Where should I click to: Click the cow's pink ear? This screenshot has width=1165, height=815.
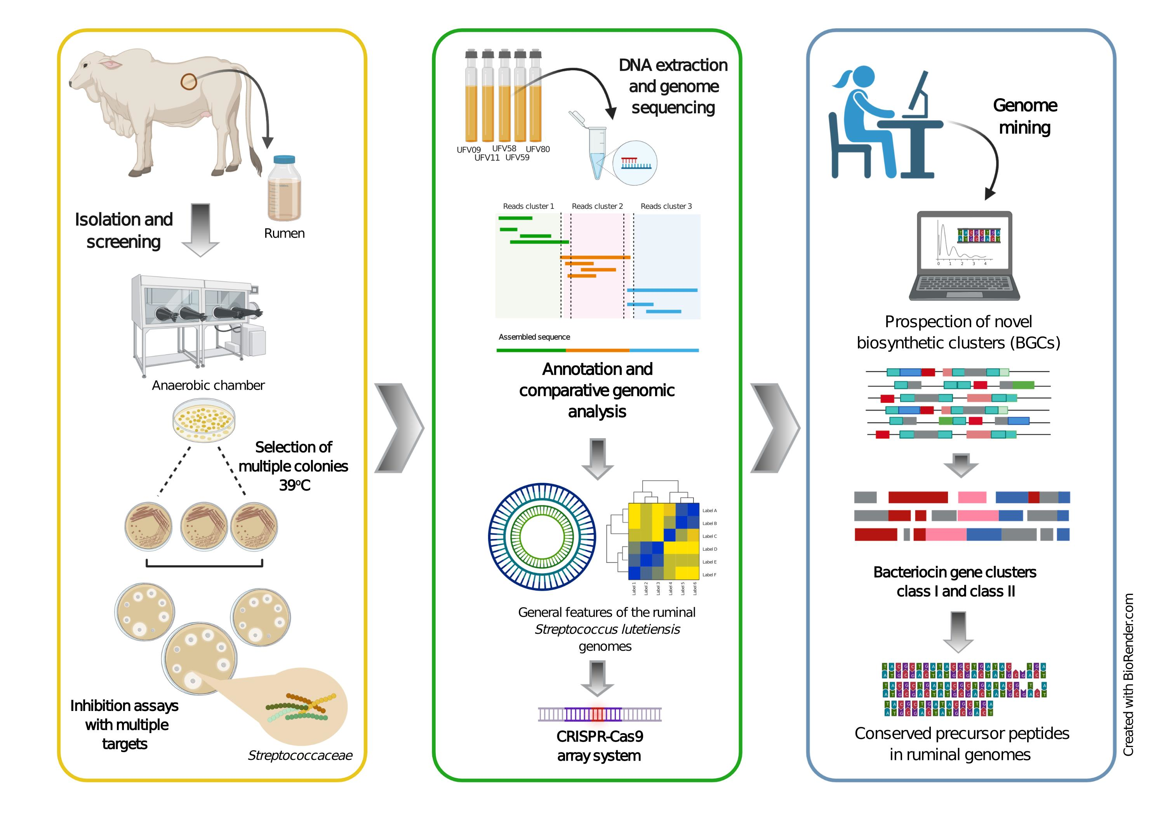[111, 64]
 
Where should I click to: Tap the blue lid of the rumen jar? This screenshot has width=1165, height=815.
[284, 160]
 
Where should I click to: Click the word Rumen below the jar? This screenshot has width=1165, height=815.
[284, 234]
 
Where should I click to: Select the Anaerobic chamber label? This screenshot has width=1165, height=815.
[208, 385]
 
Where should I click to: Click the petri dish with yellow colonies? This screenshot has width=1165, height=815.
[204, 420]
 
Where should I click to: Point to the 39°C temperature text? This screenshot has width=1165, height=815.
[294, 486]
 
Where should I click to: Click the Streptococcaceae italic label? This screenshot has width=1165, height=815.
[299, 756]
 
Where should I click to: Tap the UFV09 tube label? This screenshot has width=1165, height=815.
[468, 150]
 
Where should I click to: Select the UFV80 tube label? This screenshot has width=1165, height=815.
[537, 149]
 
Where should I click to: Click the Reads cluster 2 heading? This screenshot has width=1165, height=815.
[597, 206]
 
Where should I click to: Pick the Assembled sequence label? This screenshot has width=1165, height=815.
[534, 337]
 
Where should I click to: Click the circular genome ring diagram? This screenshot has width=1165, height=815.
[542, 537]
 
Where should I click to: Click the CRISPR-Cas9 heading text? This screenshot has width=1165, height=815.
[599, 736]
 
